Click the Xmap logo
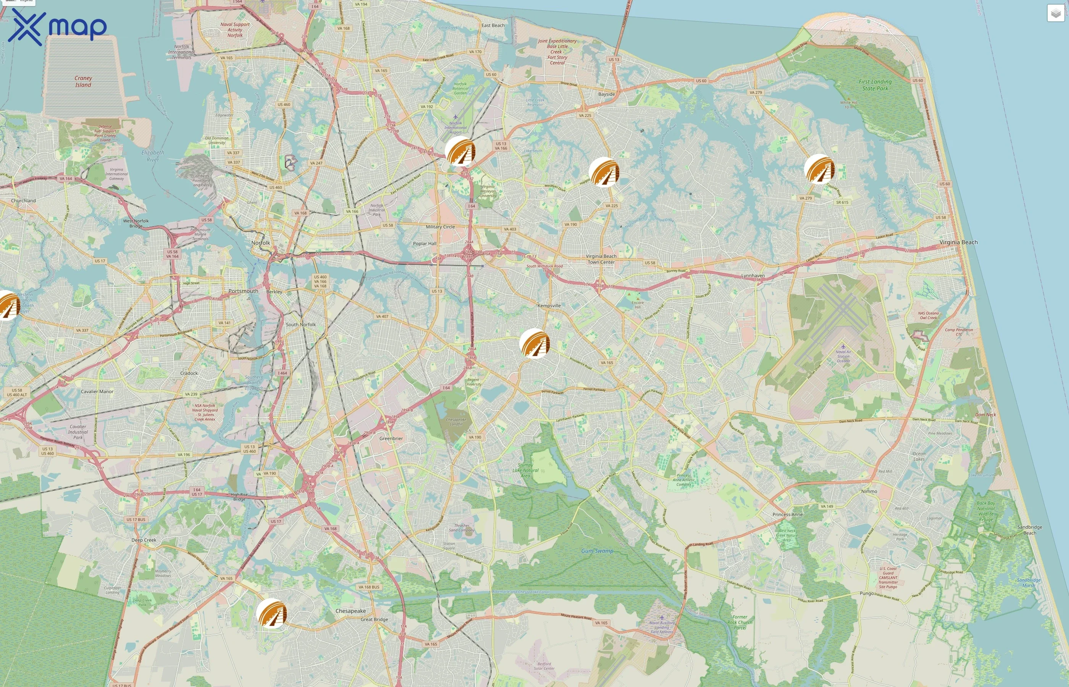coord(57,27)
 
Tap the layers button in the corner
coord(1055,13)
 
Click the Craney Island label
coord(83,81)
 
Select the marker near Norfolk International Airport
coord(460,151)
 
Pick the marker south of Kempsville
coord(534,343)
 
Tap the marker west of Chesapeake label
coord(271,613)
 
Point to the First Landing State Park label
coord(875,85)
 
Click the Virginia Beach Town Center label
coord(601,259)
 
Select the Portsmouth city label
coord(243,291)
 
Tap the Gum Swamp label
coord(597,551)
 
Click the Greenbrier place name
coord(391,439)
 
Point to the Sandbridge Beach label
coord(1029,530)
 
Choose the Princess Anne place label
coord(788,514)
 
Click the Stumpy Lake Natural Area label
coord(526,470)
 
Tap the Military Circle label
coord(440,227)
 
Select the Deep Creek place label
coord(144,540)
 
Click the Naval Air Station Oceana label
coord(843,356)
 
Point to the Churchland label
coord(23,201)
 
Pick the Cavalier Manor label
coord(97,392)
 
